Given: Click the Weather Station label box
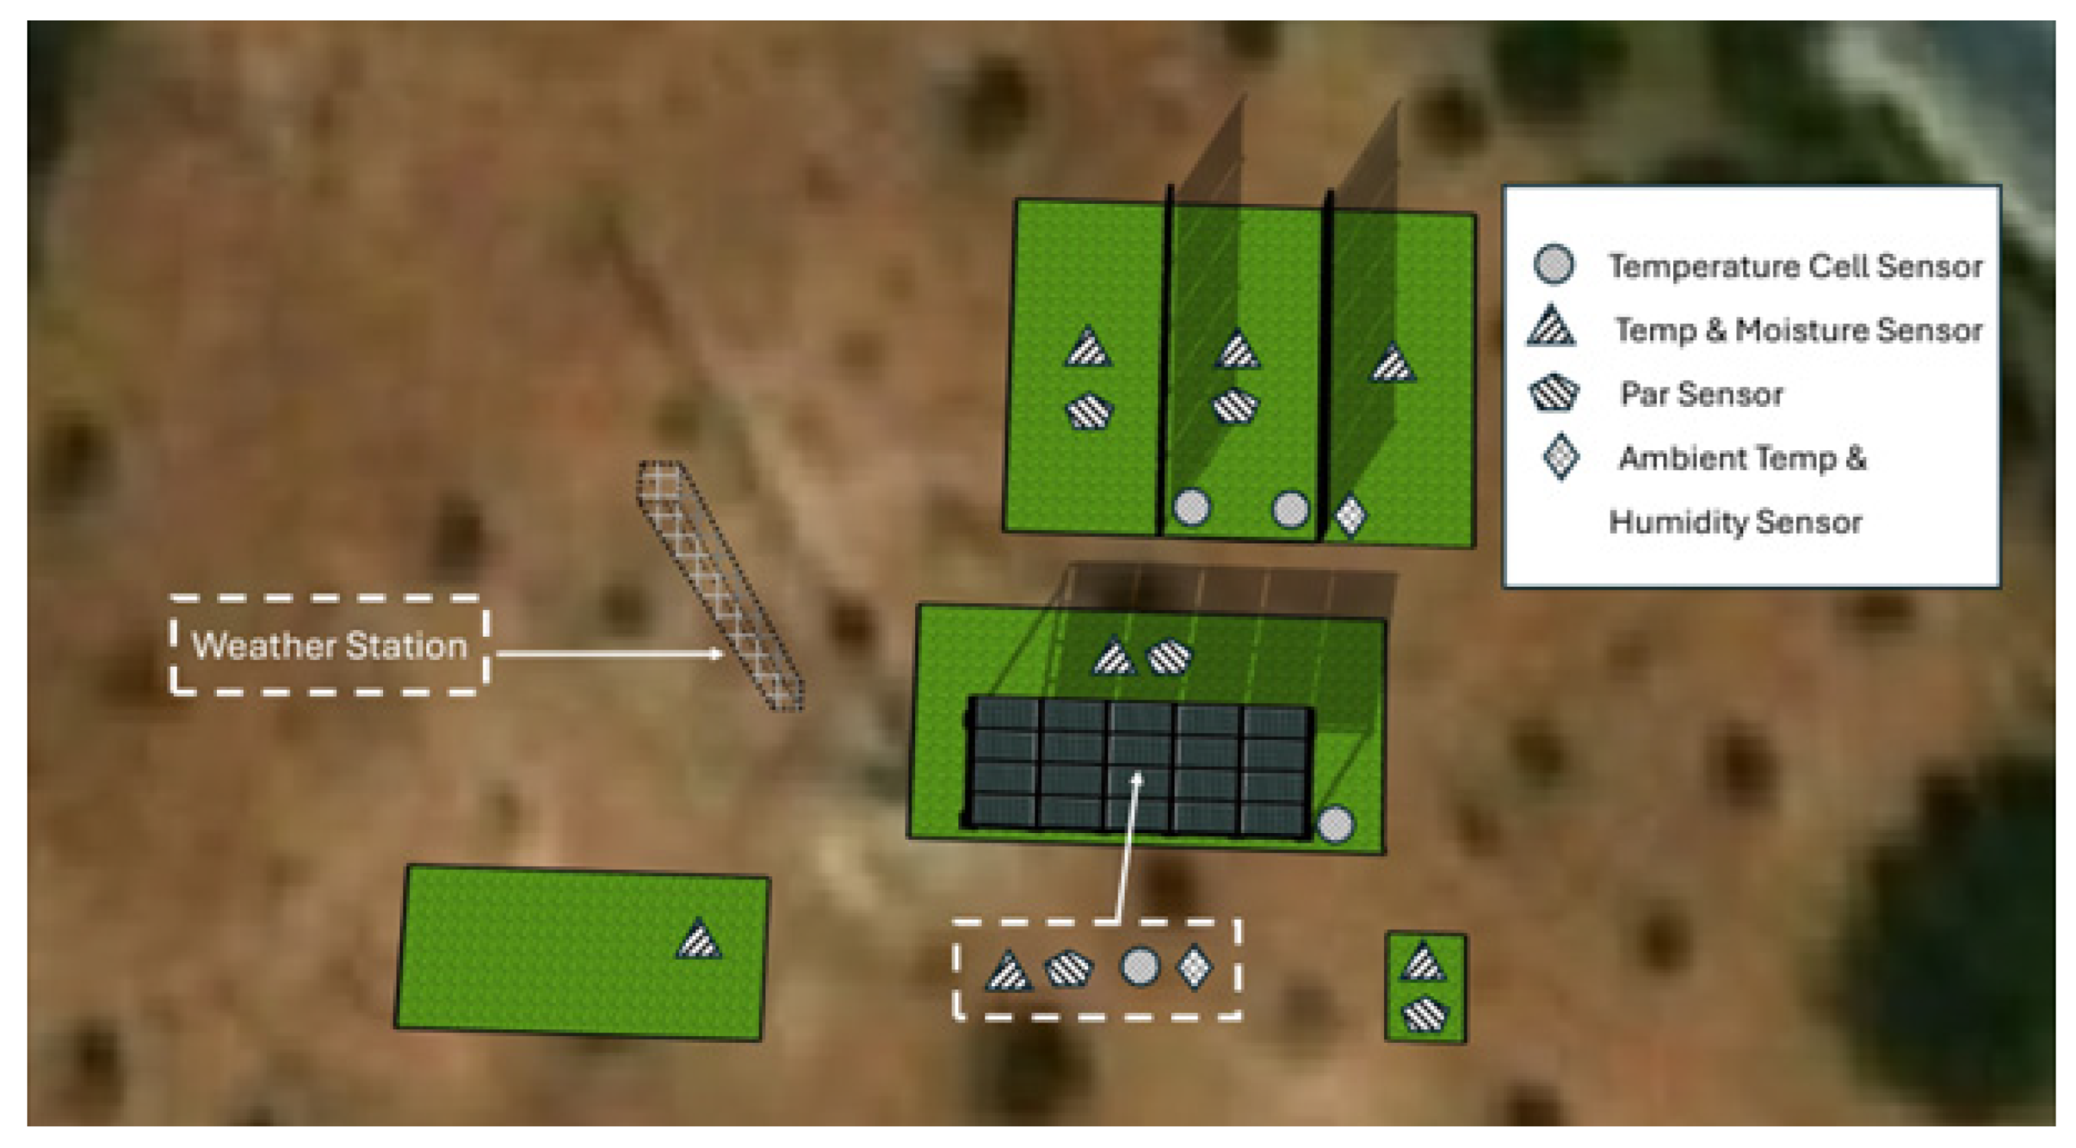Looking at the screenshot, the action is [x=329, y=644].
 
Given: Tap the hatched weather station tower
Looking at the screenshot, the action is [x=719, y=587].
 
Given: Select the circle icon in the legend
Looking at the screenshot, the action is [x=1553, y=264].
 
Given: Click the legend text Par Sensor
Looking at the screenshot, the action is [x=1701, y=394].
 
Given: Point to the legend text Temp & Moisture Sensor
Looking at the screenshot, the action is [x=1798, y=329].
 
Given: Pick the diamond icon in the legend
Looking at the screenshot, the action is [x=1560, y=457].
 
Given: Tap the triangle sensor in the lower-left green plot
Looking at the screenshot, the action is [x=698, y=940].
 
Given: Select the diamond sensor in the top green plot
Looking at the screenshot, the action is [x=1350, y=515].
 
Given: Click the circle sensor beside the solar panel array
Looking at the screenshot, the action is [x=1335, y=824].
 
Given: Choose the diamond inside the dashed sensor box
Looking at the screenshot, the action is [x=1194, y=966].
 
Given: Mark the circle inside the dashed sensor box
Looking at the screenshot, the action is [x=1140, y=966].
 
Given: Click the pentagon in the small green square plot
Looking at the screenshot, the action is [x=1425, y=1014].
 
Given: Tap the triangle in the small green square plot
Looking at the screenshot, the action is [x=1423, y=963].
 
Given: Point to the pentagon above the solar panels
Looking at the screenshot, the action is [x=1168, y=657].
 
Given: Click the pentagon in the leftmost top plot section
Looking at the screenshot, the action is [x=1089, y=411].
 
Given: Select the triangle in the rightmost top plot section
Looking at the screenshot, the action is [x=1393, y=364].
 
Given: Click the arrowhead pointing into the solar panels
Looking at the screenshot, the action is [x=1137, y=778].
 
